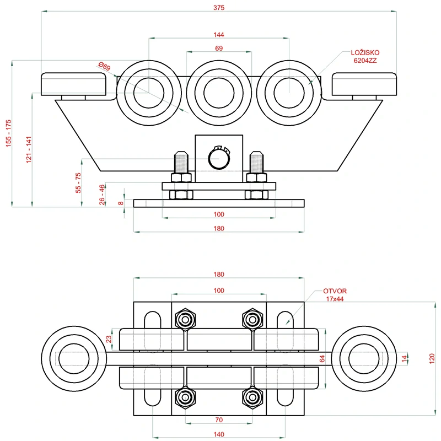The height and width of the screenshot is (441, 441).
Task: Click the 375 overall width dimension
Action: coord(219,7)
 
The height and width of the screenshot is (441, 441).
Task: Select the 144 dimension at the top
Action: coord(219,34)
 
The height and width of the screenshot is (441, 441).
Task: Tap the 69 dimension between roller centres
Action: coord(219,49)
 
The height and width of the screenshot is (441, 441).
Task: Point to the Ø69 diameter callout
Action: coord(105,67)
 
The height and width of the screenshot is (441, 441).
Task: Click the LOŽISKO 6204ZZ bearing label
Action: coord(365,57)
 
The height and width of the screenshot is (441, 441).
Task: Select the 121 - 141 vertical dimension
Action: coord(29,149)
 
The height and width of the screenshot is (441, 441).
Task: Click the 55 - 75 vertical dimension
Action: coord(78,182)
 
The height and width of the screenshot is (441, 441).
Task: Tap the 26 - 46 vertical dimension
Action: coord(102,195)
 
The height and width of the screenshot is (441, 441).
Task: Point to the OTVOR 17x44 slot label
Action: coord(335,295)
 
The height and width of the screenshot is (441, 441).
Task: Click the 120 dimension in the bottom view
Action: coord(431,359)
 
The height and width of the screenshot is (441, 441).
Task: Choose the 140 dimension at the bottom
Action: coord(219,434)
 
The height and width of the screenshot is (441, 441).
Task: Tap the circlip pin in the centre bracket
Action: coord(219,158)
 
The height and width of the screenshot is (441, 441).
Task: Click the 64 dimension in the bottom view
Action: coord(322,359)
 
